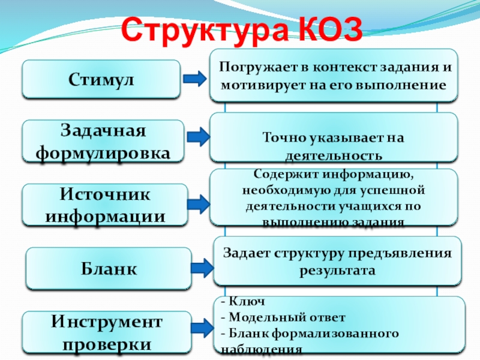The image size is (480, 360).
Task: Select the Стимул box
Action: click(x=101, y=79)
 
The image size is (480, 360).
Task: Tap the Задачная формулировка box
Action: click(x=103, y=142)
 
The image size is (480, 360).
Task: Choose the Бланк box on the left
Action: click(x=109, y=269)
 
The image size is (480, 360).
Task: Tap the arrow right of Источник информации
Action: click(x=197, y=204)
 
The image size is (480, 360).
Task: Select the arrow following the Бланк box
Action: click(x=202, y=268)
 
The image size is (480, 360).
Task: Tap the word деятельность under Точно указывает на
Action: click(x=333, y=155)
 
